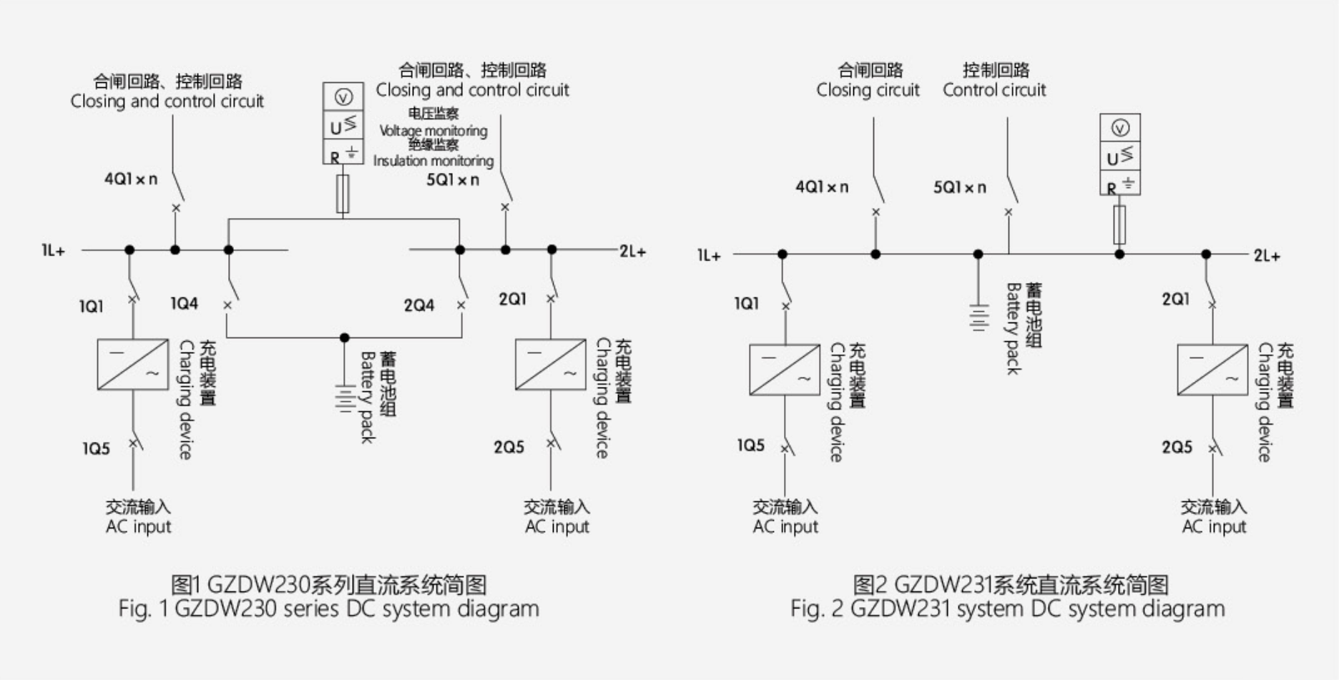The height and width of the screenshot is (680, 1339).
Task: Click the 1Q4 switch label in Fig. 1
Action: pyautogui.click(x=184, y=304)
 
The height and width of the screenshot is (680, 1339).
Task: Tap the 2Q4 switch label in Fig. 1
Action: pyautogui.click(x=418, y=305)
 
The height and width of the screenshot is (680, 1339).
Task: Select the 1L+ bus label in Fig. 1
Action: pyautogui.click(x=53, y=251)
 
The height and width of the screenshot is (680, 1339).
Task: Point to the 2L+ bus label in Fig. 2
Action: pyautogui.click(x=1266, y=256)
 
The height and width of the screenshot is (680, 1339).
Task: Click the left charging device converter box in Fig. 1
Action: pyautogui.click(x=132, y=365)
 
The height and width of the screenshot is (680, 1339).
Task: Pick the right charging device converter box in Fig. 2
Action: pyautogui.click(x=1212, y=370)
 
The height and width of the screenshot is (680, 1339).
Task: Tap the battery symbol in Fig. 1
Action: pyautogui.click(x=345, y=399)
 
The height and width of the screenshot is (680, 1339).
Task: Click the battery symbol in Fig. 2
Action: pyautogui.click(x=978, y=317)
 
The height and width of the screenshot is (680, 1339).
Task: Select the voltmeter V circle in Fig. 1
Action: pyautogui.click(x=343, y=97)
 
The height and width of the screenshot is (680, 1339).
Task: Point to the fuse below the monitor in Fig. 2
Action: pyautogui.click(x=1119, y=225)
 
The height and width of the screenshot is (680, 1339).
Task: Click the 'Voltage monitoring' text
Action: pyautogui.click(x=433, y=131)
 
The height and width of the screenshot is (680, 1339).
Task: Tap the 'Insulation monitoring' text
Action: pyautogui.click(x=433, y=161)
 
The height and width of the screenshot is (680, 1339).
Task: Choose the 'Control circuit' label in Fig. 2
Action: pyautogui.click(x=994, y=90)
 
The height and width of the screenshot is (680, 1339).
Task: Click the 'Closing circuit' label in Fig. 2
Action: pyautogui.click(x=868, y=90)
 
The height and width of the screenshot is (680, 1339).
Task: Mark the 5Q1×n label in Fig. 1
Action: pyautogui.click(x=452, y=180)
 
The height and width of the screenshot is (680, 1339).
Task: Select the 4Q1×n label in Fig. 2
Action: pyautogui.click(x=822, y=187)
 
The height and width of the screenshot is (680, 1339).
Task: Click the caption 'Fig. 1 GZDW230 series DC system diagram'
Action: pyautogui.click(x=328, y=609)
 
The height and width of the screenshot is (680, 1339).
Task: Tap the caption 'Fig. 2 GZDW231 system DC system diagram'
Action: pyautogui.click(x=1007, y=609)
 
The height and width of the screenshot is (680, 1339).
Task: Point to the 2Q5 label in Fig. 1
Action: pyautogui.click(x=509, y=448)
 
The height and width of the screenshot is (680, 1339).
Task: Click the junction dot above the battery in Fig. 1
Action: pyautogui.click(x=345, y=337)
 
